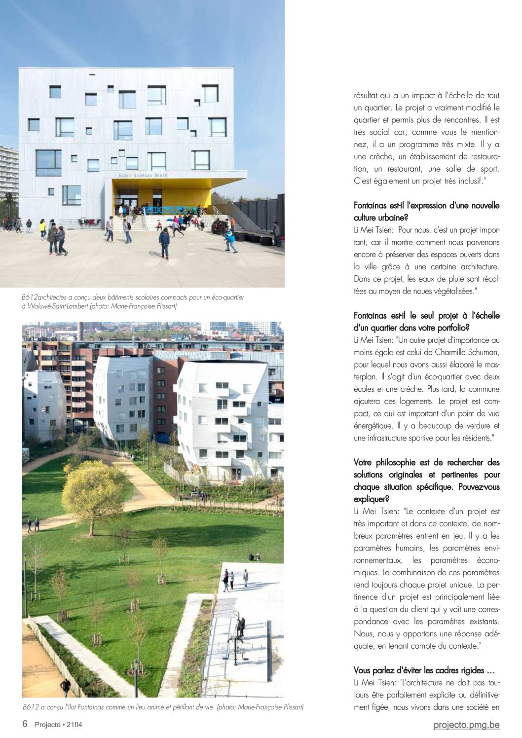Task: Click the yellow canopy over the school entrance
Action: [x=163, y=184]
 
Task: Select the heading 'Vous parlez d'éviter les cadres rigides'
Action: [x=424, y=670]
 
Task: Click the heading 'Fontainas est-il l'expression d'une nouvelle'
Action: [x=427, y=206]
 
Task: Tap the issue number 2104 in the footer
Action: [x=74, y=725]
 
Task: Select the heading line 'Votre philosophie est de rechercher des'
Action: [x=427, y=463]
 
